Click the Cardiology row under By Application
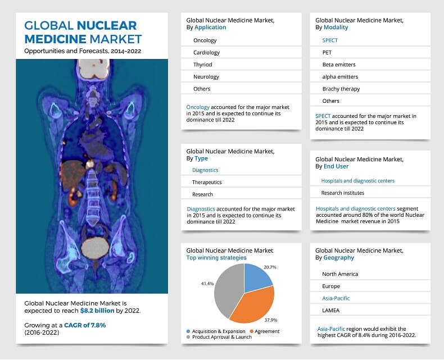(206, 53)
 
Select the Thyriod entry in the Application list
(202, 65)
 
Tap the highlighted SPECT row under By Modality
(330, 40)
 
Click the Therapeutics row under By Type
(207, 182)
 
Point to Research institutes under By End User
(342, 193)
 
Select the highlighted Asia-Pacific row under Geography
(336, 298)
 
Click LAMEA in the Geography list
(331, 310)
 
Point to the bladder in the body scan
(93, 247)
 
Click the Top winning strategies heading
(216, 258)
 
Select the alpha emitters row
(339, 76)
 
